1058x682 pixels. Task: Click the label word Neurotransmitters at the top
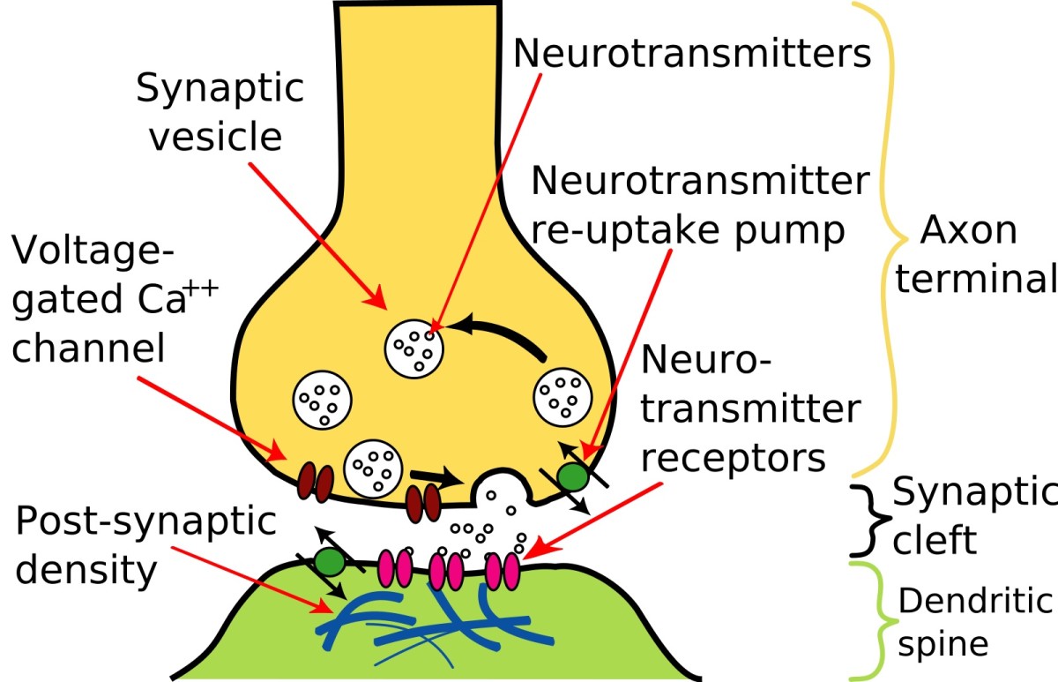[692, 53]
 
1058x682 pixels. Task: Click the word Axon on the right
[968, 231]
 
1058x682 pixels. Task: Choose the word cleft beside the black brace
[935, 539]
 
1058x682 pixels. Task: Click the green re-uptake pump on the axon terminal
[574, 477]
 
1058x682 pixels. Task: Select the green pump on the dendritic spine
[330, 561]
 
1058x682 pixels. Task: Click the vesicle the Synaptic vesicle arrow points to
[413, 346]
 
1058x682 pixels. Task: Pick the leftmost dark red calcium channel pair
[314, 483]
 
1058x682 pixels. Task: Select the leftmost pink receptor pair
[394, 569]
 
